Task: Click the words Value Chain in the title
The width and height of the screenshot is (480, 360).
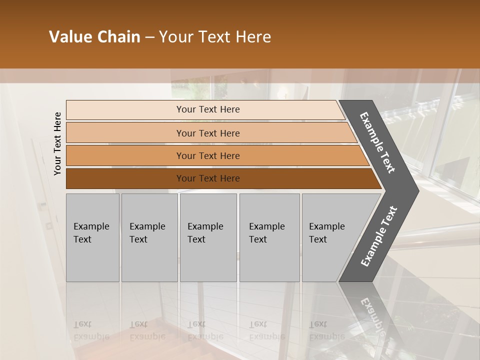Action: pos(94,37)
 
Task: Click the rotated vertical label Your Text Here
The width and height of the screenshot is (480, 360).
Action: pos(57,143)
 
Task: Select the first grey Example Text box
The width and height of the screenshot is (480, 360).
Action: pos(92,237)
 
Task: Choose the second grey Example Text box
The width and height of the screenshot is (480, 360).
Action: pos(149,237)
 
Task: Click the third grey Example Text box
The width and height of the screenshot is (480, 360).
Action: pos(208,237)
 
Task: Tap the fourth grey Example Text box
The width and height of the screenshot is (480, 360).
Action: pos(269,237)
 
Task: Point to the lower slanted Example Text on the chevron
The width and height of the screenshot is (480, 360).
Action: pos(379,236)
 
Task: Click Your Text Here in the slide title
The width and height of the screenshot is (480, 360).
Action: pos(215,37)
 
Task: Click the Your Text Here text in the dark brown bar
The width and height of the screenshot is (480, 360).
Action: pos(208,178)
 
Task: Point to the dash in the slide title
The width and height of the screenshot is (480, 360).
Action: pos(149,37)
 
